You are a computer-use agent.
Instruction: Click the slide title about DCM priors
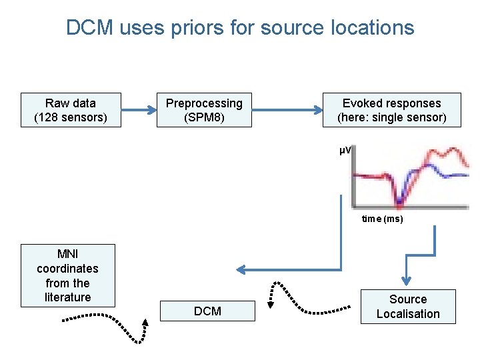pyautogui.click(x=240, y=28)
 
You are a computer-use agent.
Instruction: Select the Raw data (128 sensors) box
pyautogui.click(x=71, y=110)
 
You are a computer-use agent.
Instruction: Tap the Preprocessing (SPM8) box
pyautogui.click(x=204, y=110)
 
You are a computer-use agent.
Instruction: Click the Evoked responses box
pyautogui.click(x=391, y=110)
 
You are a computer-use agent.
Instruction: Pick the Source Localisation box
pyautogui.click(x=407, y=307)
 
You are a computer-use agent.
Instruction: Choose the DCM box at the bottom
pyautogui.click(x=207, y=311)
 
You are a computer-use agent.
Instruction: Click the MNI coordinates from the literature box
pyautogui.click(x=67, y=275)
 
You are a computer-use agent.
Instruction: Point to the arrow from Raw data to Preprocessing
pyautogui.click(x=139, y=110)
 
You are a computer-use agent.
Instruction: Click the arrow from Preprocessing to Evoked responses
pyautogui.click(x=287, y=110)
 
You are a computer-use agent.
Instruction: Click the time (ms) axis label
pyautogui.click(x=382, y=219)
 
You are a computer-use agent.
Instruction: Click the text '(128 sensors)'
pyautogui.click(x=71, y=118)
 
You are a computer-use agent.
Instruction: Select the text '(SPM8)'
pyautogui.click(x=204, y=118)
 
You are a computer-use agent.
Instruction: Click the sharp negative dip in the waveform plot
pyautogui.click(x=399, y=199)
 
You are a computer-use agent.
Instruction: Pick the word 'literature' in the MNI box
pyautogui.click(x=67, y=297)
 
